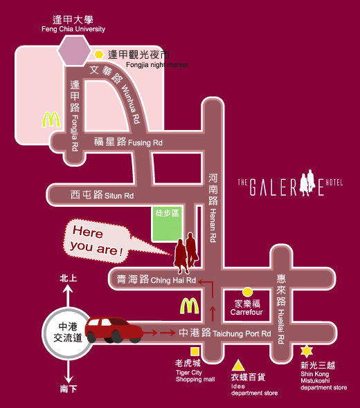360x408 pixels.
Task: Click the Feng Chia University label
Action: coord(73,29)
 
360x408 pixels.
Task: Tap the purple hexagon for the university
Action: coord(74,50)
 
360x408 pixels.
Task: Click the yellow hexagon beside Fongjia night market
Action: coord(99,55)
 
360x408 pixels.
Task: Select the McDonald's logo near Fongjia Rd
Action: coord(51,120)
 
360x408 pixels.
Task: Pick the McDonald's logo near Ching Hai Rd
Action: coord(190,306)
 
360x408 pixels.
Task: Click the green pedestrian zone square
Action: coord(167,224)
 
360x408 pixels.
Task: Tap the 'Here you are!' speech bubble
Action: coord(97,241)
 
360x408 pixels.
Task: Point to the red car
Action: coord(114,330)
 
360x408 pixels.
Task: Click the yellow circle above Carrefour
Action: coord(247,292)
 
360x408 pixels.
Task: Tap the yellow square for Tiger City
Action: coord(195,351)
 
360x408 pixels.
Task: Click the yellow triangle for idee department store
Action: coord(238,365)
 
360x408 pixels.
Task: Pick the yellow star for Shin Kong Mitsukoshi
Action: coord(307,351)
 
